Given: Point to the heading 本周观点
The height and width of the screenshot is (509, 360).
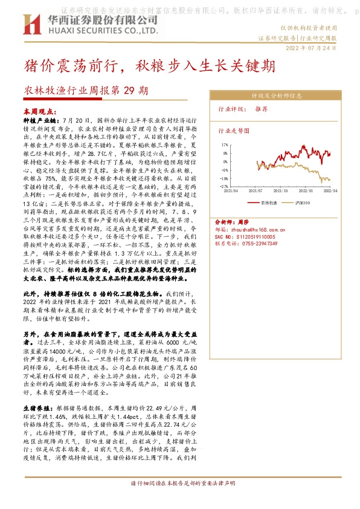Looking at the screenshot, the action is coord(39,112).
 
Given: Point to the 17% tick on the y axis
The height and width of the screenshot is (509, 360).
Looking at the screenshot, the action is coord(224,145).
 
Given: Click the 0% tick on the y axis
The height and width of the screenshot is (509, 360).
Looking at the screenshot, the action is coord(226,161).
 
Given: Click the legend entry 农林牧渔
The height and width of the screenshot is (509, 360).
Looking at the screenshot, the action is coord(268,203).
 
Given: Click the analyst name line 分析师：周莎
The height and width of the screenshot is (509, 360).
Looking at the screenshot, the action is coord(232,222).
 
